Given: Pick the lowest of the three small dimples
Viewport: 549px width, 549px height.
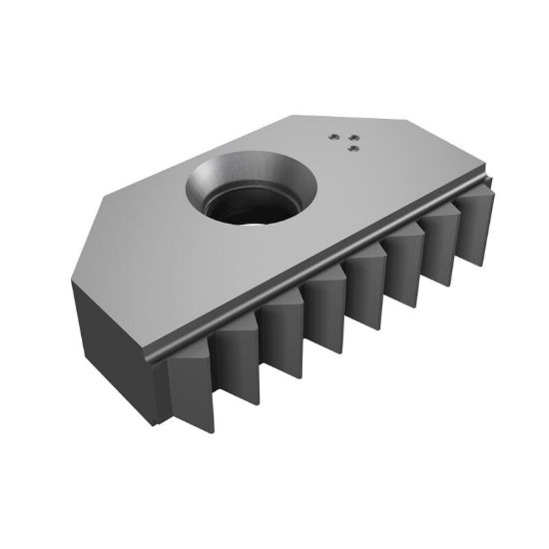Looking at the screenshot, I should tap(352, 148).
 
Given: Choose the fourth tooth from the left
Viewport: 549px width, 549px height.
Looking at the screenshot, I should tap(325, 309).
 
